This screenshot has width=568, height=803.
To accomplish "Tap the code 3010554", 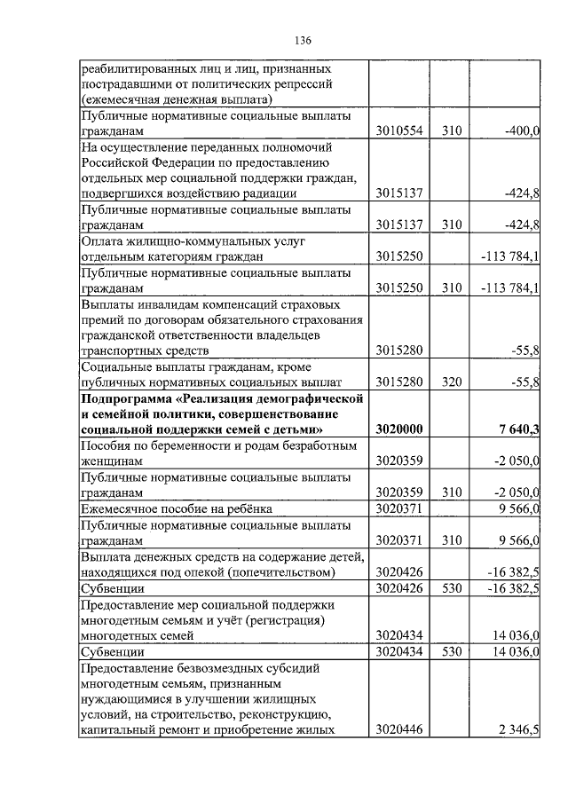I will pyautogui.click(x=398, y=130).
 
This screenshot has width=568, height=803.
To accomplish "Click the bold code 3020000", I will pyautogui.click(x=398, y=430).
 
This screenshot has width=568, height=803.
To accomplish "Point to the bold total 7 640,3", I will pyautogui.click(x=519, y=430).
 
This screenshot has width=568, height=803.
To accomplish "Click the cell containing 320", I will pyautogui.click(x=453, y=382).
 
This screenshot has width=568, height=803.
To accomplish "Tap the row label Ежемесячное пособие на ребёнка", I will pyautogui.click(x=177, y=508).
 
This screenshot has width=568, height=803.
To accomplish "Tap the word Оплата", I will pyautogui.click(x=102, y=240).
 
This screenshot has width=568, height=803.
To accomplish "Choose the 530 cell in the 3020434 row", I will pyautogui.click(x=453, y=651).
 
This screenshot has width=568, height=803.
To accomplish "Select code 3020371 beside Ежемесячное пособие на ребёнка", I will pyautogui.click(x=398, y=508).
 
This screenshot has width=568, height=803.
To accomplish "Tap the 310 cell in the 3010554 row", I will pyautogui.click(x=453, y=130).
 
